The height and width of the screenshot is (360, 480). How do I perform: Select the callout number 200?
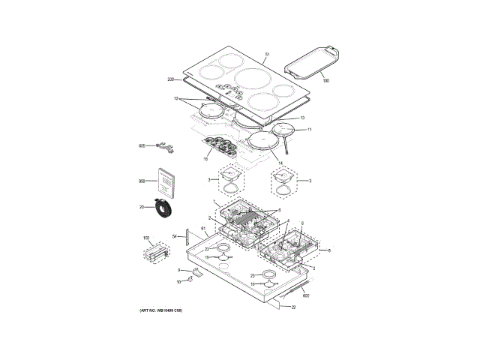[x=170, y=79]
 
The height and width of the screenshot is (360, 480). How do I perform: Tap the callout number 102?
[x=146, y=238]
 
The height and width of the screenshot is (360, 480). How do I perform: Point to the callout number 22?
[x=294, y=307]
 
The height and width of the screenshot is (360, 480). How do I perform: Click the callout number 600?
[x=306, y=296]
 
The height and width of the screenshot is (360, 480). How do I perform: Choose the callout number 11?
[x=309, y=130]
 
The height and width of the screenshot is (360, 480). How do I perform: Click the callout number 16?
[x=205, y=159]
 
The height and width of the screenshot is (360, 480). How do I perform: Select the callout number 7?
[x=214, y=203]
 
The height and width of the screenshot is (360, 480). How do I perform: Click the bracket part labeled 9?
[x=193, y=271]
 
